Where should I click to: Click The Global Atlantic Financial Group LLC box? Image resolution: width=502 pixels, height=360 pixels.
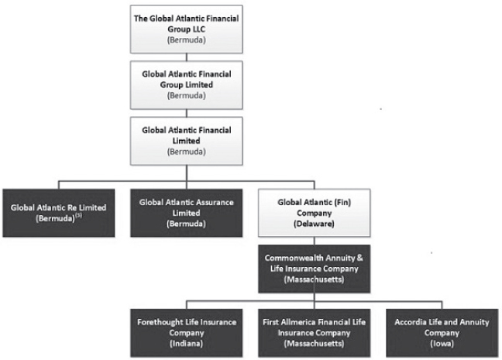point(187,29)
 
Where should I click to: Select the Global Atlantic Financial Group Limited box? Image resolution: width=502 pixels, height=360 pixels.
point(187,85)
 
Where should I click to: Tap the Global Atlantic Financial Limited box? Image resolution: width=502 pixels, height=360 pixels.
point(187,141)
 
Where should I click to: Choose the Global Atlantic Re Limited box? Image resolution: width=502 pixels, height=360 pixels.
point(59,213)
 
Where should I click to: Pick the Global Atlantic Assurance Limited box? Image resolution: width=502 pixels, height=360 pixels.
point(187,213)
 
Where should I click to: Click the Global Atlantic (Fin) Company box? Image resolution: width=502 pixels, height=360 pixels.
point(315,213)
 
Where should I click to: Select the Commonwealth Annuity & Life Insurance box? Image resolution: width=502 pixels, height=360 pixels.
point(315,269)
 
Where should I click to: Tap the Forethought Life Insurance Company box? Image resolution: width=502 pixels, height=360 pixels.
point(187,333)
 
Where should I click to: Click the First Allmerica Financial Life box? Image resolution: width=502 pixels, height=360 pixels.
point(315,333)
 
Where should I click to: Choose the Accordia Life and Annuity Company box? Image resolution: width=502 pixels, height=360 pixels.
point(442,333)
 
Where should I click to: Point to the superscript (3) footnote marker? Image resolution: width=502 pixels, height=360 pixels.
point(78,216)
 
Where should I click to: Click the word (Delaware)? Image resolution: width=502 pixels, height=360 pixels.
point(314,224)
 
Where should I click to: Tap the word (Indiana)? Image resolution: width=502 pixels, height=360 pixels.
point(187,344)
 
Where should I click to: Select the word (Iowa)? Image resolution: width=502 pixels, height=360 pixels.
point(442,344)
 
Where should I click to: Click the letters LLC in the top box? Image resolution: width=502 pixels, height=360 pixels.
point(198,29)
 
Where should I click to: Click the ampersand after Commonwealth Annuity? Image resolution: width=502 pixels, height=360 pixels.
point(359,258)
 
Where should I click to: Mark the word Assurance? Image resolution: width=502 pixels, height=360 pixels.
point(215,202)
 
